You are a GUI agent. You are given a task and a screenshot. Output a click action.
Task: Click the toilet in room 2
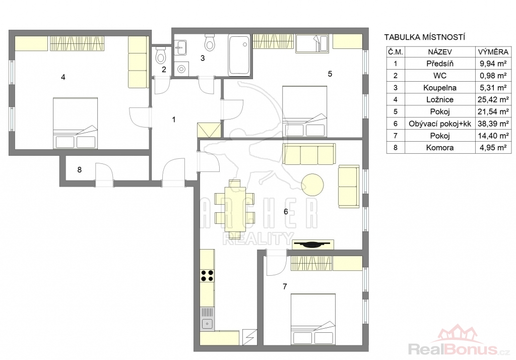161,55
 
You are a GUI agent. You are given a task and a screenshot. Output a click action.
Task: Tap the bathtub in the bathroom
239,55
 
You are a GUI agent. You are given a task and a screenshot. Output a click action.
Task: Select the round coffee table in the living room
312,185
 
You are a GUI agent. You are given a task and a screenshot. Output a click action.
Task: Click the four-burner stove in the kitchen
207,276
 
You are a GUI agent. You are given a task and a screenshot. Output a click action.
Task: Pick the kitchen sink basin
207,324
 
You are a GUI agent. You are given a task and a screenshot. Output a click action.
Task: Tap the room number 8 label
79,169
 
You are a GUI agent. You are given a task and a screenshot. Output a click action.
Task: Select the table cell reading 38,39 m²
493,124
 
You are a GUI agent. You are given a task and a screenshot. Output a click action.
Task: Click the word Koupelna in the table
439,88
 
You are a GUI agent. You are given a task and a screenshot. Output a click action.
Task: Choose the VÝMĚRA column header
493,52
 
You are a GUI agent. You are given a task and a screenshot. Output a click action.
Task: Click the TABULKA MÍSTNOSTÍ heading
424,37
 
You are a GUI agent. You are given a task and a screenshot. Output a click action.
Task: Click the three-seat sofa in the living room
309,154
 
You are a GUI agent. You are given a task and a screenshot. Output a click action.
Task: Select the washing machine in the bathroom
181,69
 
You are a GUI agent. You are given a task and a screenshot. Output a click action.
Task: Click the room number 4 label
63,77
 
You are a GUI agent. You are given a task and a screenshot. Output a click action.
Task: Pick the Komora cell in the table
439,148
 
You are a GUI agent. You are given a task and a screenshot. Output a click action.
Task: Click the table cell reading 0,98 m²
493,76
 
